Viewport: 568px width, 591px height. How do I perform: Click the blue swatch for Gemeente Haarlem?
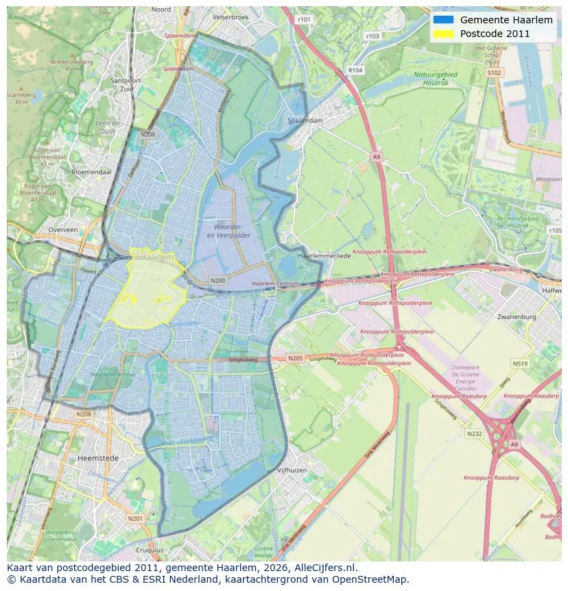443,21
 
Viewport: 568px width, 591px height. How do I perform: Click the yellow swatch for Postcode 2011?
443,34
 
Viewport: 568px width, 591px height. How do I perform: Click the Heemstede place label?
98,457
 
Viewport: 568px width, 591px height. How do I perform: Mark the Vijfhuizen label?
292,470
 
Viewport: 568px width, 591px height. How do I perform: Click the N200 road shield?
218,281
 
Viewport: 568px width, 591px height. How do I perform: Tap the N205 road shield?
295,358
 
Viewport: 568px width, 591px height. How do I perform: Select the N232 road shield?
474,434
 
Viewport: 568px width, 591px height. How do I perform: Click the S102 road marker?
494,72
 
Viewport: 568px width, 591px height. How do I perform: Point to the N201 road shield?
135,518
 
